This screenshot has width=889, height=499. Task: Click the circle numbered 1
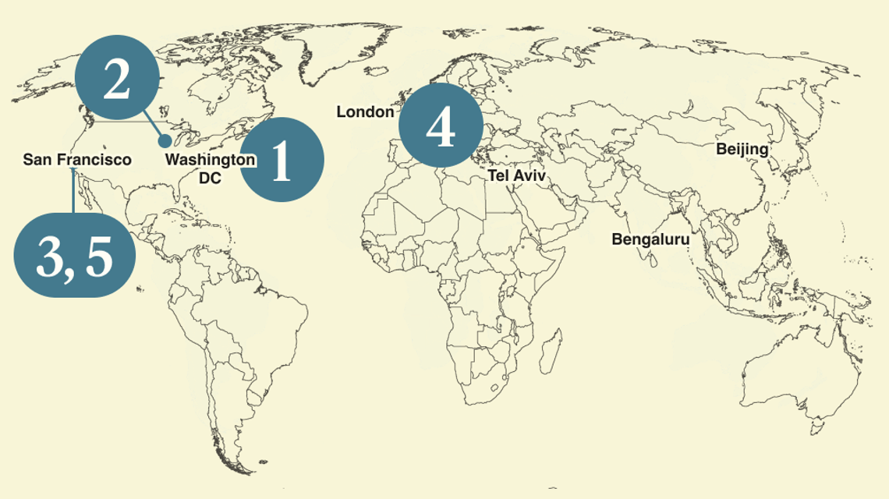280,160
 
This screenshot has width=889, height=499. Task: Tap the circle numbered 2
117,80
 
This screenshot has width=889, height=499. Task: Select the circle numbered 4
440,125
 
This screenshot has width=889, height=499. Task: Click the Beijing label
742,149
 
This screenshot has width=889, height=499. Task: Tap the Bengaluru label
650,239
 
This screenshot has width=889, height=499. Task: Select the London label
365,112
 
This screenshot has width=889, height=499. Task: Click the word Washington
211,160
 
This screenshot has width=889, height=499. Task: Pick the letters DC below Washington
210,179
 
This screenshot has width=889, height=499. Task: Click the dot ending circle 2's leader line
165,141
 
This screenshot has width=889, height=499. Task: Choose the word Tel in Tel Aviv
498,176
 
